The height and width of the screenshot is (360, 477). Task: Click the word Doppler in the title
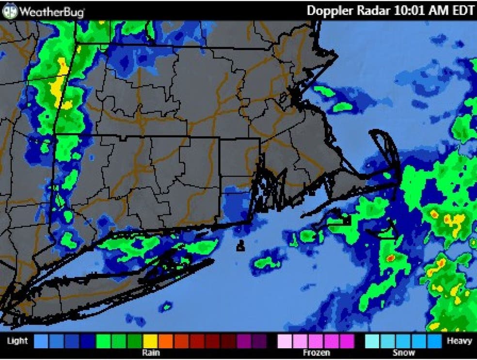(x=331, y=11)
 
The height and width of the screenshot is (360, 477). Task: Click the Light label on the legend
(x=17, y=341)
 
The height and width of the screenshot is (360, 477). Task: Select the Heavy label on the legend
(x=459, y=341)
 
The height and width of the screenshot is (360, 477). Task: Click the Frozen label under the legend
(x=316, y=353)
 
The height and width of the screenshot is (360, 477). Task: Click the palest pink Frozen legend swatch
(x=284, y=341)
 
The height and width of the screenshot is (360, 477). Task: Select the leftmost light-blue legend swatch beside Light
(x=42, y=341)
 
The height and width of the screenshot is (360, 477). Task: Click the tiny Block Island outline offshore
(x=240, y=247)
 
